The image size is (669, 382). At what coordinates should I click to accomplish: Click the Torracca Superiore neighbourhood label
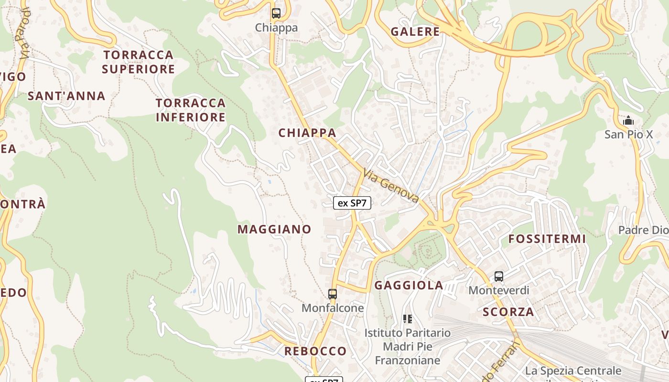pyautogui.click(x=138, y=62)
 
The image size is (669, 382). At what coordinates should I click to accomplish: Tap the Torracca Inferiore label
pyautogui.click(x=191, y=110)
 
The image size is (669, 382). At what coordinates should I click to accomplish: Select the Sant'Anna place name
pyautogui.click(x=66, y=96)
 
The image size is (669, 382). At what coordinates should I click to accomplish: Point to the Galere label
pyautogui.click(x=415, y=32)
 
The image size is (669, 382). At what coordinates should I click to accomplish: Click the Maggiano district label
pyautogui.click(x=274, y=229)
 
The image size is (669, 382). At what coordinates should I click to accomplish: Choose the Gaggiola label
pyautogui.click(x=409, y=286)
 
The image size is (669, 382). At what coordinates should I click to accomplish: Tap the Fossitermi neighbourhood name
pyautogui.click(x=547, y=239)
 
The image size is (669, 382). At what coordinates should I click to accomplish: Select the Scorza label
pyautogui.click(x=508, y=312)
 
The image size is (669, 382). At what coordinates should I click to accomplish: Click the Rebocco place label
pyautogui.click(x=315, y=351)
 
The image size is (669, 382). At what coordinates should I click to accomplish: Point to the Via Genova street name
pyautogui.click(x=391, y=186)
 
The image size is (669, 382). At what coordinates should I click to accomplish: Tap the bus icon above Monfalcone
pyautogui.click(x=333, y=294)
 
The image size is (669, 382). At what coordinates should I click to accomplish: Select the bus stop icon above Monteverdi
pyautogui.click(x=499, y=276)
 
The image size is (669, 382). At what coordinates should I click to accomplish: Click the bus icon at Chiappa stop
pyautogui.click(x=276, y=13)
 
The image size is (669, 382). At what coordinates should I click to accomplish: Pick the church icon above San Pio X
pyautogui.click(x=628, y=120)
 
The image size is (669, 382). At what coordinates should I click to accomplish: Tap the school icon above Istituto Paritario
pyautogui.click(x=408, y=318)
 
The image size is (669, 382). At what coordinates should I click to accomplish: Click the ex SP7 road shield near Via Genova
pyautogui.click(x=352, y=203)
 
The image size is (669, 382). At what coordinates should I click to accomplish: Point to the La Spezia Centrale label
pyautogui.click(x=573, y=371)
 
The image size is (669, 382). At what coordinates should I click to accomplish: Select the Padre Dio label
pyautogui.click(x=643, y=230)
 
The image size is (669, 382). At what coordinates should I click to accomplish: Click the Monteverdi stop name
pyautogui.click(x=499, y=290)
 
